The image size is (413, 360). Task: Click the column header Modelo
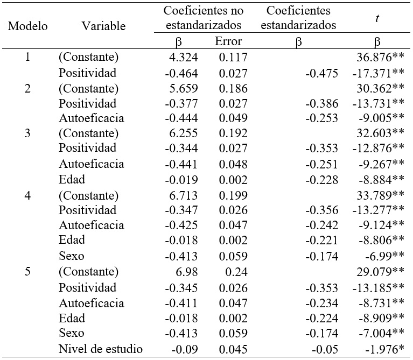[28, 26]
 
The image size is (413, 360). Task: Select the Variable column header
[104, 26]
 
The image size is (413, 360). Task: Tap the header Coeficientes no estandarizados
[204, 18]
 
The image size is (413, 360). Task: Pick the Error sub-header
[228, 41]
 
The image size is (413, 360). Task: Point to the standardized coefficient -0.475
[322, 72]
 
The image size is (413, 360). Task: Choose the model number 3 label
[27, 133]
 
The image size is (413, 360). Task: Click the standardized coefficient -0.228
[322, 179]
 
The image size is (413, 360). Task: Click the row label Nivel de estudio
[101, 349]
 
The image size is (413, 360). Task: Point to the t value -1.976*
[381, 349]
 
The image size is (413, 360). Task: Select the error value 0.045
[233, 349]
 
